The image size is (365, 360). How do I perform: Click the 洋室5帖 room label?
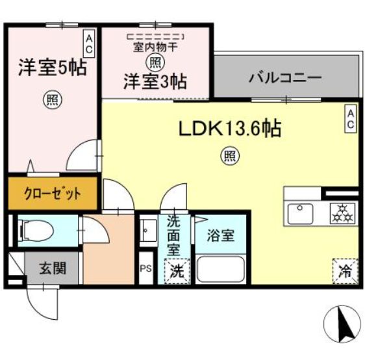[53, 68]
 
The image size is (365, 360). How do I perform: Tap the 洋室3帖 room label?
[155, 82]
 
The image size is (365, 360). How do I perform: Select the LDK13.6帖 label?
[230, 129]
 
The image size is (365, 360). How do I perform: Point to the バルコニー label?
[285, 77]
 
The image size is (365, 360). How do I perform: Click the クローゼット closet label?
[53, 194]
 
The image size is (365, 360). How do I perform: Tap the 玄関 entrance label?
[53, 268]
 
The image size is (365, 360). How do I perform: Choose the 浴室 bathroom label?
[220, 235]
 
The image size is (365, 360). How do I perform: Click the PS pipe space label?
[146, 269]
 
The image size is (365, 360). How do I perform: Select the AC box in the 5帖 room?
[89, 44]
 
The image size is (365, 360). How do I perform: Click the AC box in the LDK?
[351, 119]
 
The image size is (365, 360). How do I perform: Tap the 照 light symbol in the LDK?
[230, 156]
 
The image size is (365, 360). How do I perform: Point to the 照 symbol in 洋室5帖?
[53, 100]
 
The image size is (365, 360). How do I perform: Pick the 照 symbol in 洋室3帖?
[155, 62]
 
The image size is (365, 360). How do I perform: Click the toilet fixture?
[37, 230]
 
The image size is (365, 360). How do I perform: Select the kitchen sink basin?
[300, 214]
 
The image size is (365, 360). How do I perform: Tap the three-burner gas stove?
[343, 214]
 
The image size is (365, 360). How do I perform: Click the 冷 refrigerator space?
[346, 271]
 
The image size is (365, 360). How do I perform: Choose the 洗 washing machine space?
[177, 271]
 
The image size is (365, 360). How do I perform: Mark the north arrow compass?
[342, 323]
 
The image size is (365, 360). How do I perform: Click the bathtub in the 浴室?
[220, 270]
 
